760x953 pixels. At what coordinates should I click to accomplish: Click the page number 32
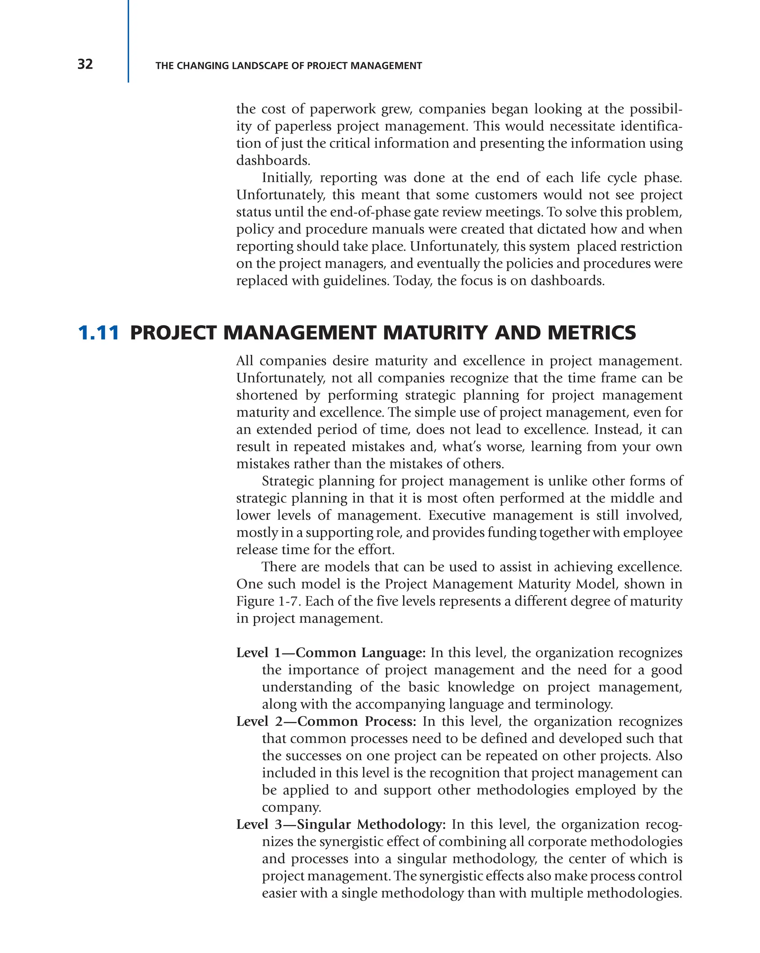(85, 65)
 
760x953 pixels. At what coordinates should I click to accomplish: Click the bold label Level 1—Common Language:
(330, 653)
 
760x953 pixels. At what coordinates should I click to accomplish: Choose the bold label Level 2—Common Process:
(326, 722)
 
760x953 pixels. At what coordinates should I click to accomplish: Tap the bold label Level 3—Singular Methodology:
(341, 824)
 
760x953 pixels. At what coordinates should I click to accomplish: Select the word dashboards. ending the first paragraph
(273, 161)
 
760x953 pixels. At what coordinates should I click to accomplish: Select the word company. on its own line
(291, 807)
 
